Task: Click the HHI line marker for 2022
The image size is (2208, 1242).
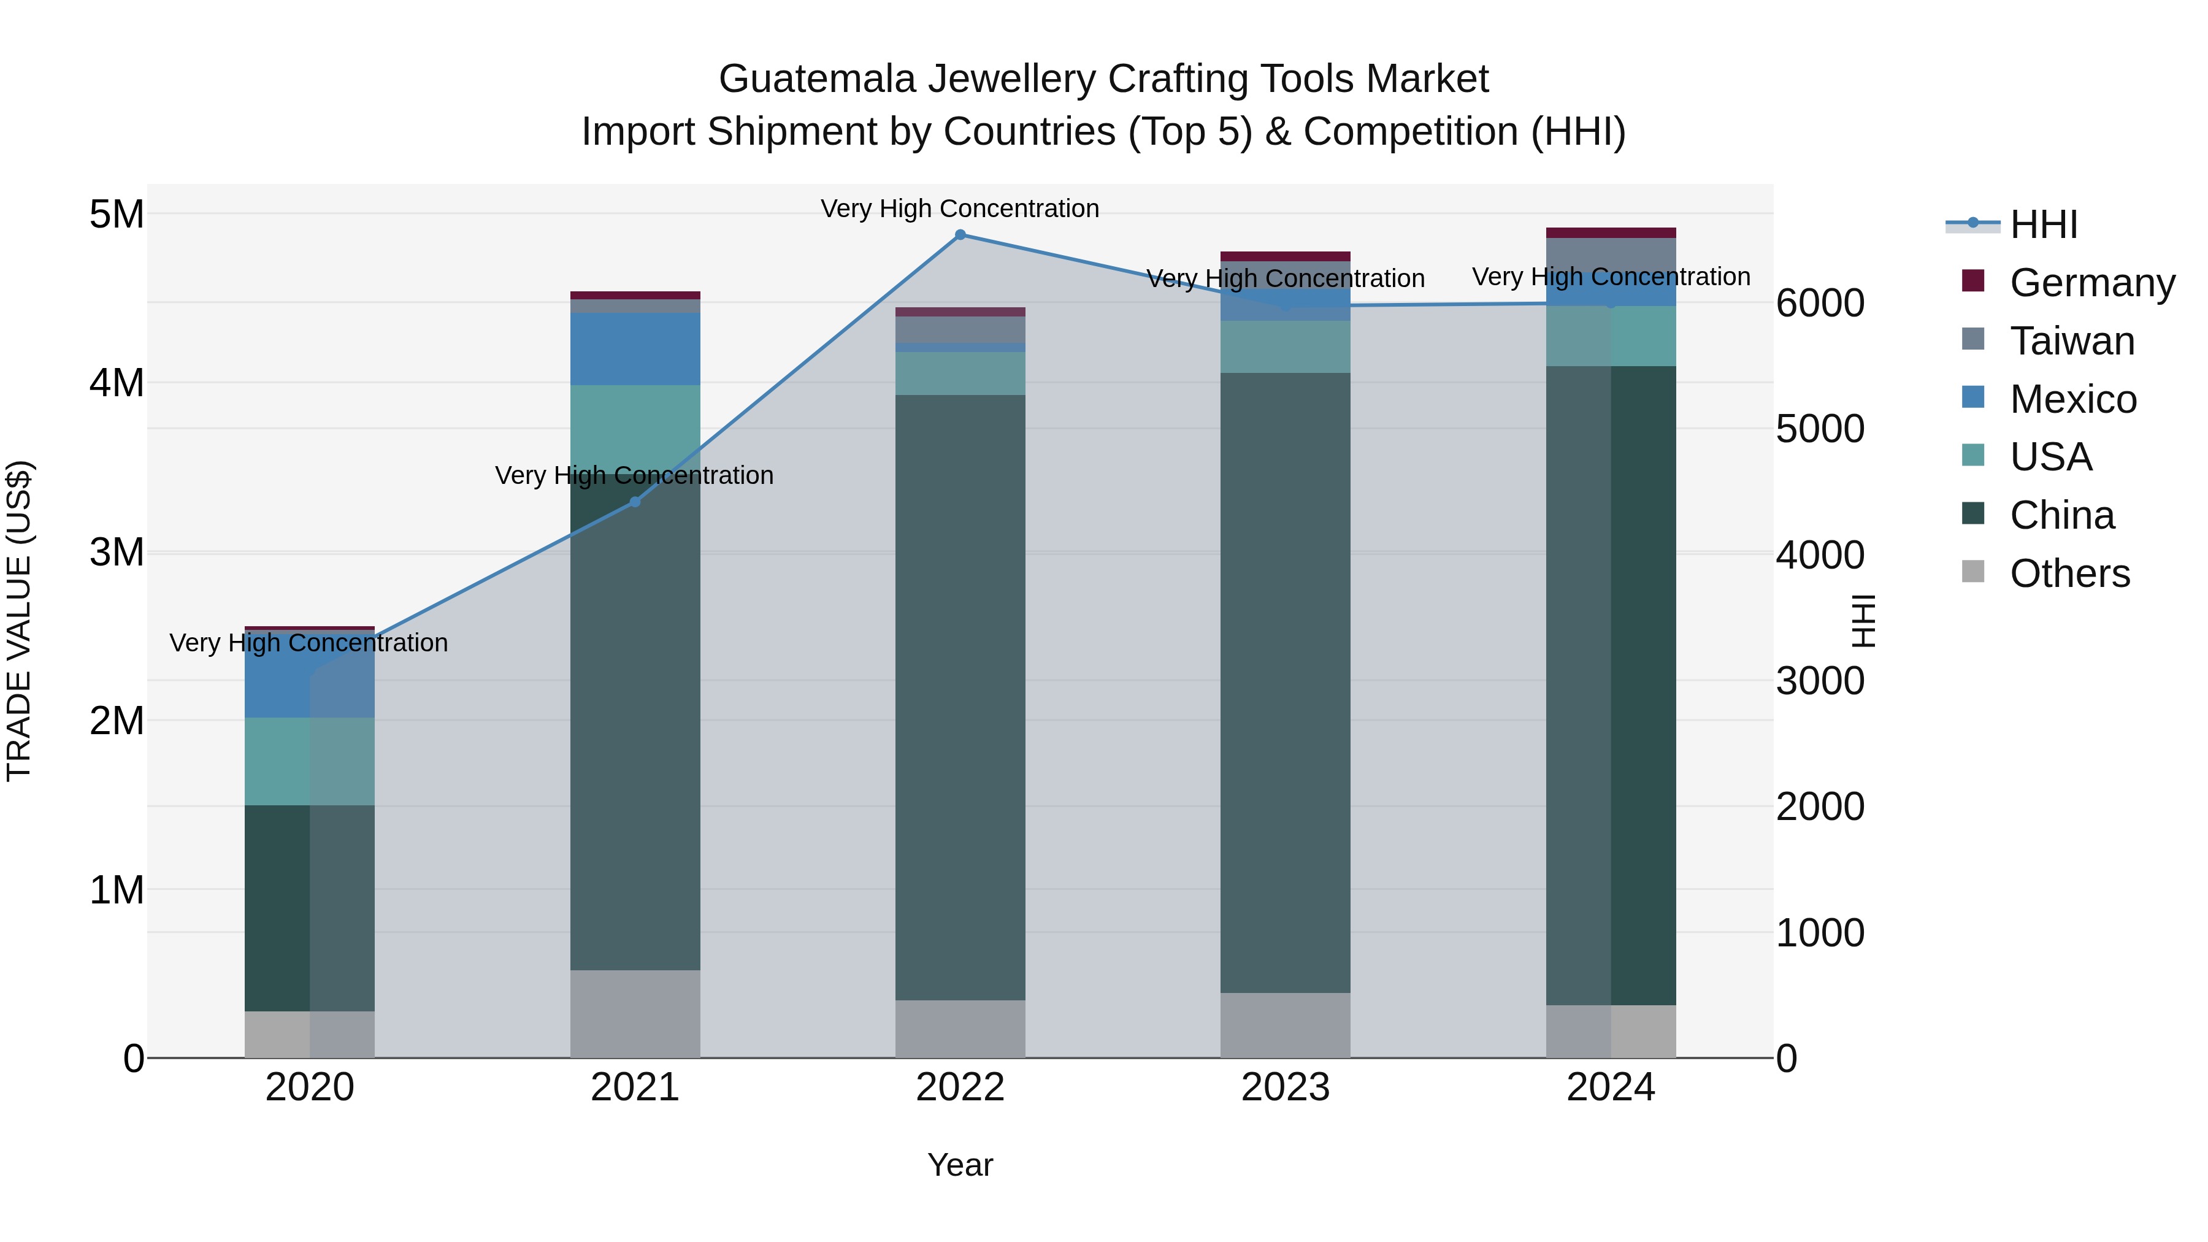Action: coord(960,235)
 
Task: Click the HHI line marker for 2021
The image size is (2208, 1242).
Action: coord(635,502)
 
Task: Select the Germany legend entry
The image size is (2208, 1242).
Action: coord(2091,283)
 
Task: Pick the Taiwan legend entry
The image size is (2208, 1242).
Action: coord(2072,341)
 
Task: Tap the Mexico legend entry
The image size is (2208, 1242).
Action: coord(2072,399)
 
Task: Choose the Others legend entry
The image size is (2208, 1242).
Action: coord(2069,573)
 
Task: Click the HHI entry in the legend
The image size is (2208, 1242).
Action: coord(2044,224)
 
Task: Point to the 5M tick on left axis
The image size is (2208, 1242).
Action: coord(117,214)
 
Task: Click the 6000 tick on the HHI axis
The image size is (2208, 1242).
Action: coord(1820,304)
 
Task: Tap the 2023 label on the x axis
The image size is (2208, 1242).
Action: coord(1285,1087)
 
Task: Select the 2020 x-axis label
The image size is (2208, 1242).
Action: coord(310,1087)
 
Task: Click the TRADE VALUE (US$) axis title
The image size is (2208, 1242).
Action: coord(19,621)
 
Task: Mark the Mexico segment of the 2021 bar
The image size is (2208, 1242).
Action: coord(635,349)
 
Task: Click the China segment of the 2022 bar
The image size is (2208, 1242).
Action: coord(960,696)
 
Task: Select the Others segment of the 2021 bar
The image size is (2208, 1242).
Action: coord(635,1013)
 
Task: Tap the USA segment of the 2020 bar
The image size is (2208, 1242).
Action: coord(310,761)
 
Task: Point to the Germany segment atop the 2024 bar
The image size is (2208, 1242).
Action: coord(1611,232)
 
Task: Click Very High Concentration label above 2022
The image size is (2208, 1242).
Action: coord(960,209)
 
